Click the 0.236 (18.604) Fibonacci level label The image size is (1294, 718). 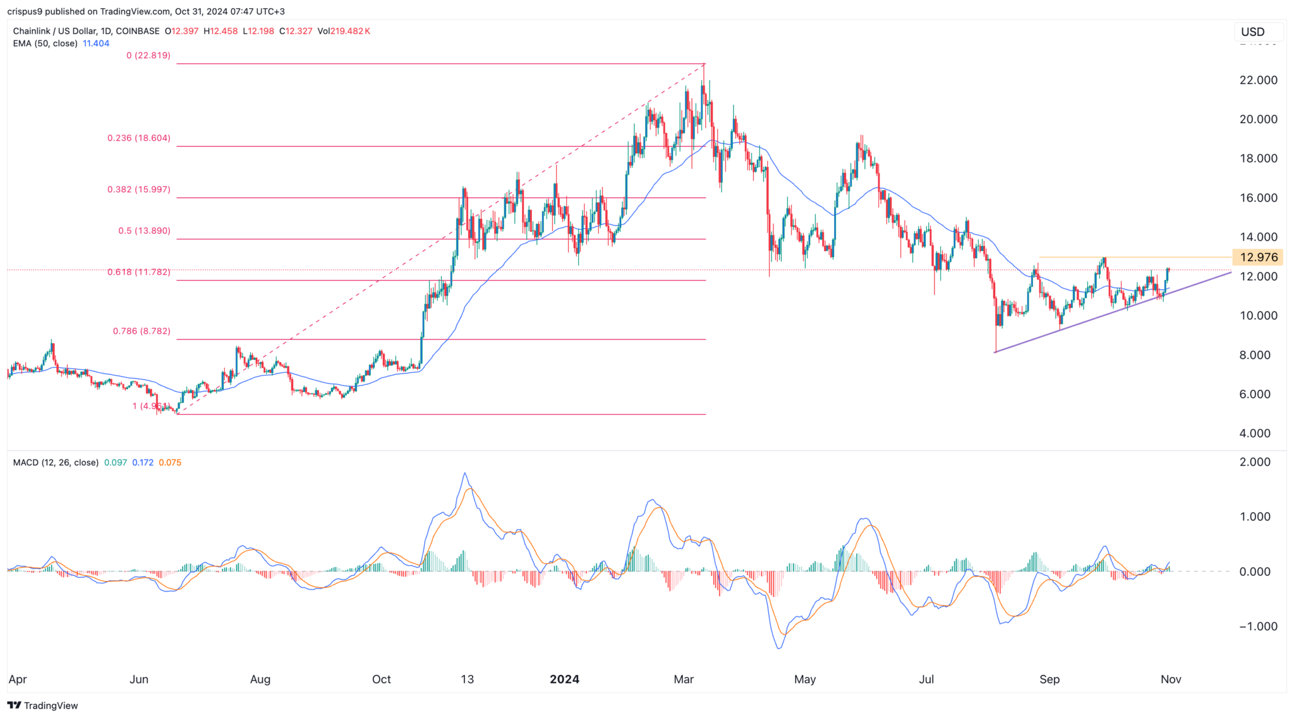138,138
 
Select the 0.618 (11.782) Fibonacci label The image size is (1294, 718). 138,272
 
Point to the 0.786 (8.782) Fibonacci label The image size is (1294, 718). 142,331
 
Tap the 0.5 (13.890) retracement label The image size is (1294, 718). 144,231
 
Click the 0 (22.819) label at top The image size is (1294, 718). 148,56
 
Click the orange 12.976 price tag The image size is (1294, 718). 1258,257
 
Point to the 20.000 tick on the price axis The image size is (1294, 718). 1258,119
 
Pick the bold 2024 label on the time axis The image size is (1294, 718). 564,679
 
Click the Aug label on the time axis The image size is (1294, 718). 260,679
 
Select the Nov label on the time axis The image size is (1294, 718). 1171,679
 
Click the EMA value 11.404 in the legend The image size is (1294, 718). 96,44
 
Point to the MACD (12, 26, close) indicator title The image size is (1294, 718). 56,463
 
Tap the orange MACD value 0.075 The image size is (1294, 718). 170,463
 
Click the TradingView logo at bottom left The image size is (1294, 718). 42,705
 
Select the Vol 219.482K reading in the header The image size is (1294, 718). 344,31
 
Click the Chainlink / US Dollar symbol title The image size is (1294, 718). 86,31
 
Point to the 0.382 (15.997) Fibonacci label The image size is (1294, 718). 138,190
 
